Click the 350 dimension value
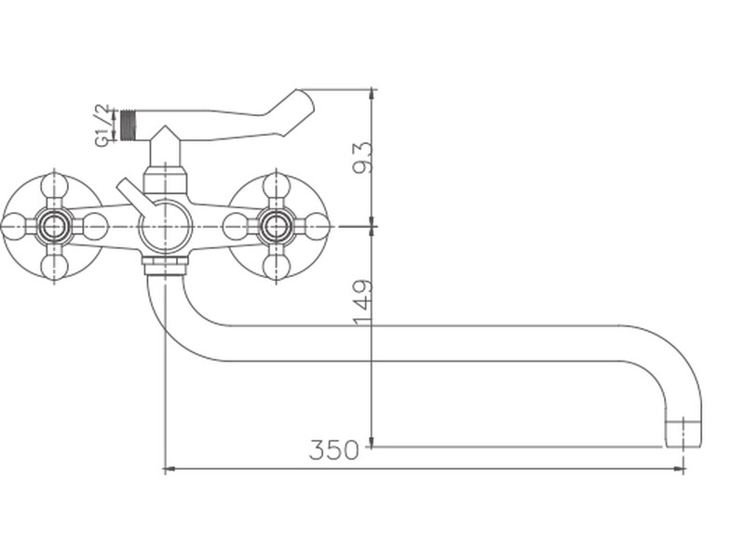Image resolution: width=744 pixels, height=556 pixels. coord(333,450)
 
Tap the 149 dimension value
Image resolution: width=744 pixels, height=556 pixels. coord(363,304)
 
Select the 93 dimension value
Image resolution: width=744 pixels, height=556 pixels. coord(363,158)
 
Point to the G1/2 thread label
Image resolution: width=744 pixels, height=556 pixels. coord(102,126)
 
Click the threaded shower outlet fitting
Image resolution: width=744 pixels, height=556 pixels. coord(128,126)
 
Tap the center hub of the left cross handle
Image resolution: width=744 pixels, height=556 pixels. coord(54,226)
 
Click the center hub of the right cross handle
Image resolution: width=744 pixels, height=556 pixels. coord(276,226)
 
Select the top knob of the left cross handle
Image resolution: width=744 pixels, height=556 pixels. coord(54,186)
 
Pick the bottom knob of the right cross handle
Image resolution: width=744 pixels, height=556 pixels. coord(276,267)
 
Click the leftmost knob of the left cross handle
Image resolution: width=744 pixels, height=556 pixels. coord(13,226)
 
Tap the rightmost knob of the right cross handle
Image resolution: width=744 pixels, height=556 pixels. coord(316,226)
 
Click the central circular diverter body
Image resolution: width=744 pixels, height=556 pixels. coord(165,227)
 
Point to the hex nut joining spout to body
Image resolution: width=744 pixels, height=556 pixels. coord(165,265)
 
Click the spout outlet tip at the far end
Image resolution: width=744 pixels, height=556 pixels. coord(683,433)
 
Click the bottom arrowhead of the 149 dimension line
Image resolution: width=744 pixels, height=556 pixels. coord(372,441)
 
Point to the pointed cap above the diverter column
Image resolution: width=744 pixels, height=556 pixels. coord(165,135)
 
